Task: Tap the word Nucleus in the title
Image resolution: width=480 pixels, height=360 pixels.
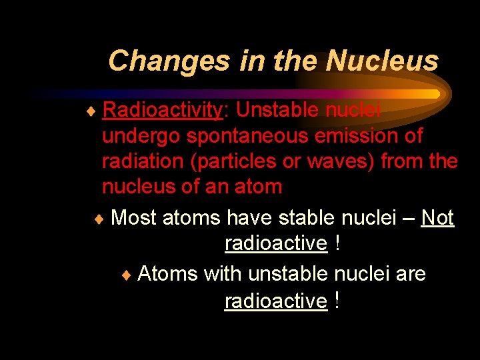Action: (x=382, y=61)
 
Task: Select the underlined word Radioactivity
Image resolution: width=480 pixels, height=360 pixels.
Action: (x=162, y=110)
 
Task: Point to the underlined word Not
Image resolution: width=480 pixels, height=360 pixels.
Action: (x=437, y=217)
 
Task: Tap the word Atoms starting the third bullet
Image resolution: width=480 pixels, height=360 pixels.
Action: (x=167, y=273)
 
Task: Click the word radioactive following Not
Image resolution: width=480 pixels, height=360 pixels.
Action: (x=276, y=244)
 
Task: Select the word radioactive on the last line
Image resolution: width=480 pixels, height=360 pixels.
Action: (x=276, y=301)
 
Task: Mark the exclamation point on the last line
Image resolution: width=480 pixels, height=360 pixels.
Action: (x=338, y=301)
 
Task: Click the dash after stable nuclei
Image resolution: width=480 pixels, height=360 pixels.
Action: (x=407, y=219)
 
